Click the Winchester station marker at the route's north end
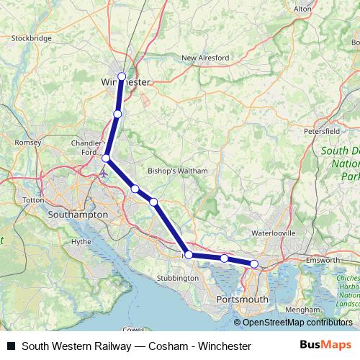(x=122, y=76)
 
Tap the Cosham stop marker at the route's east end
(x=254, y=264)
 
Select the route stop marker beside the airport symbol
(x=106, y=158)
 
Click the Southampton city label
(x=77, y=215)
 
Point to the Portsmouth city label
(x=243, y=299)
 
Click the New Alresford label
(x=205, y=58)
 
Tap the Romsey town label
(x=29, y=143)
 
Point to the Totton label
(x=34, y=199)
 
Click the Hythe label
(x=81, y=242)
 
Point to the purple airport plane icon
(x=106, y=173)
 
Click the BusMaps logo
(x=325, y=346)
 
